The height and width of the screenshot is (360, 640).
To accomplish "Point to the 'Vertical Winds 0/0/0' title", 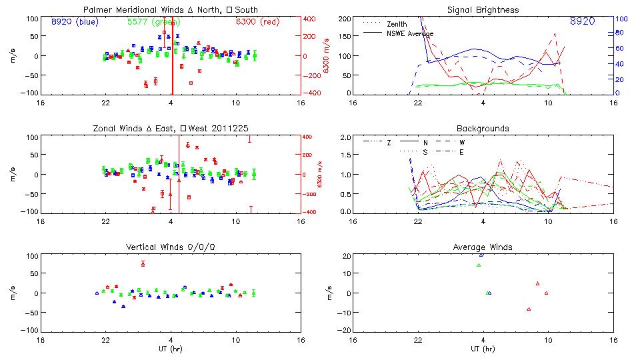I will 171,247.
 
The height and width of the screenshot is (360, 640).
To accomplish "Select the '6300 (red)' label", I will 255,21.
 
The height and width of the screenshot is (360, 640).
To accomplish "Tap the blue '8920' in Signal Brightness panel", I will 583,21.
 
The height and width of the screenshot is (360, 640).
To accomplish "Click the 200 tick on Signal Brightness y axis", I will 345,19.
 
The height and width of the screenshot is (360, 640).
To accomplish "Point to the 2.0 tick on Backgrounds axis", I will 345,137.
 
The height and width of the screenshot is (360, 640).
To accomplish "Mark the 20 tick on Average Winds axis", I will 346,256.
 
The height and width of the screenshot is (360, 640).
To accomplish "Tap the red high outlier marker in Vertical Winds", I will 143,263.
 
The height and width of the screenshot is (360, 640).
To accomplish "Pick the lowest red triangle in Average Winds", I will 529,309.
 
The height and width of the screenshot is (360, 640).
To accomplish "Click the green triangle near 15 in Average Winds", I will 479,265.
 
